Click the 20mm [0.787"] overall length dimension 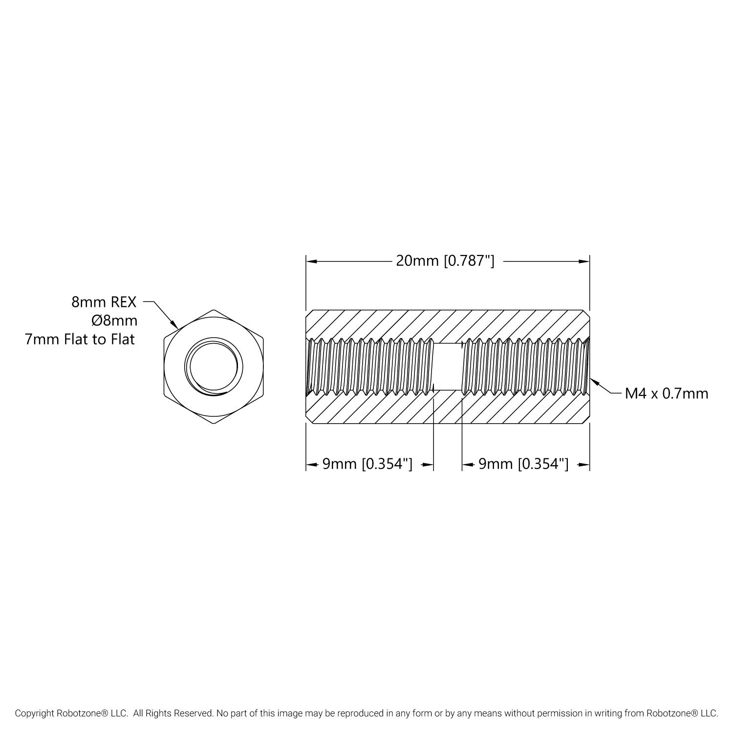[x=445, y=261]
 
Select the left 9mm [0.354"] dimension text [x=367, y=464]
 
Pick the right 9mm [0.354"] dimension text [x=523, y=464]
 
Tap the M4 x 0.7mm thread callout [x=667, y=393]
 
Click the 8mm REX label [x=104, y=302]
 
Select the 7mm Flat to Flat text [x=80, y=339]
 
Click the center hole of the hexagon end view [x=213, y=366]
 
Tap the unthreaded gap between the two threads [x=448, y=366]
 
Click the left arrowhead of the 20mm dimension [x=309, y=261]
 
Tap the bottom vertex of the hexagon [x=214, y=424]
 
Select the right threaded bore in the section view [x=525, y=366]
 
